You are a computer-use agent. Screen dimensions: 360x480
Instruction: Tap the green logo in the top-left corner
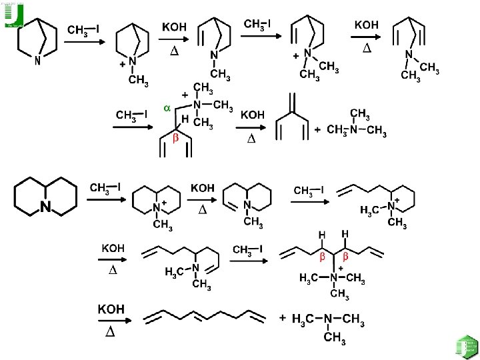(x=13, y=15)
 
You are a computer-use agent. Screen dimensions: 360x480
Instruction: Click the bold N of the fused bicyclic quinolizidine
(x=46, y=206)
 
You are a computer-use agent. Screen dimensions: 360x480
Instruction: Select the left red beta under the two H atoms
(x=321, y=257)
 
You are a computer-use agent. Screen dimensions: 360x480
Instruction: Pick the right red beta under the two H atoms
(x=346, y=257)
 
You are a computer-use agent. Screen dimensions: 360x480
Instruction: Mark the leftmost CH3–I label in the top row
(x=84, y=31)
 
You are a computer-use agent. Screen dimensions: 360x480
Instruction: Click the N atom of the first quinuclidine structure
(x=37, y=60)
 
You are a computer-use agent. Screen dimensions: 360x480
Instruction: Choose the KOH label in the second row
(x=251, y=115)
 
